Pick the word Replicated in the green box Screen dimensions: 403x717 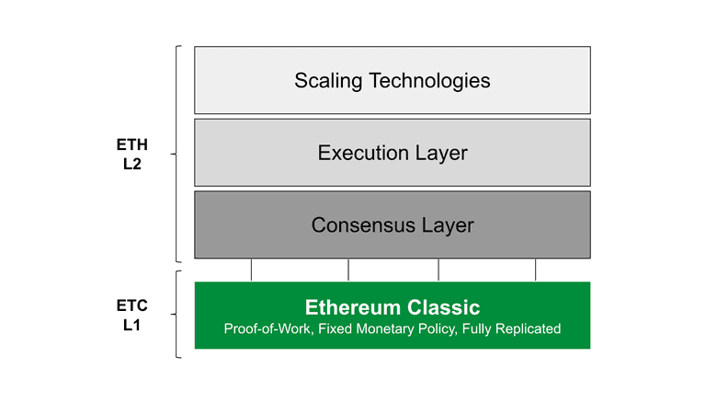528,328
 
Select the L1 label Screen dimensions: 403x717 131,325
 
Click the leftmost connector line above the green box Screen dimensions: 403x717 251,270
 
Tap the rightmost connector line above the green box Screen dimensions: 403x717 535,270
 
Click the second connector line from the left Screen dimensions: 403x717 348,270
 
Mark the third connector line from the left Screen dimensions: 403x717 438,270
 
